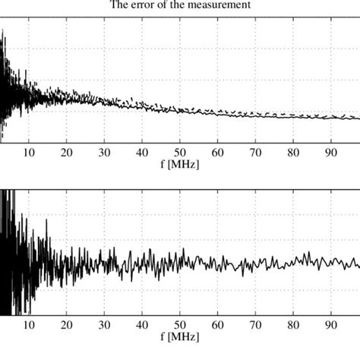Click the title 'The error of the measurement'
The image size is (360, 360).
tap(180, 8)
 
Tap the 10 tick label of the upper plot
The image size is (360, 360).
tap(29, 152)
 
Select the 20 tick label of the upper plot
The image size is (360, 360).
tap(67, 152)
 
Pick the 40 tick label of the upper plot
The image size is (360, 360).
tap(142, 152)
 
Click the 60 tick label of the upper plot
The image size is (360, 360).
tap(218, 152)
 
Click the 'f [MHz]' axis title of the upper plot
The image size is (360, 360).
tap(181, 163)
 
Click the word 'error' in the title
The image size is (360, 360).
tap(150, 8)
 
